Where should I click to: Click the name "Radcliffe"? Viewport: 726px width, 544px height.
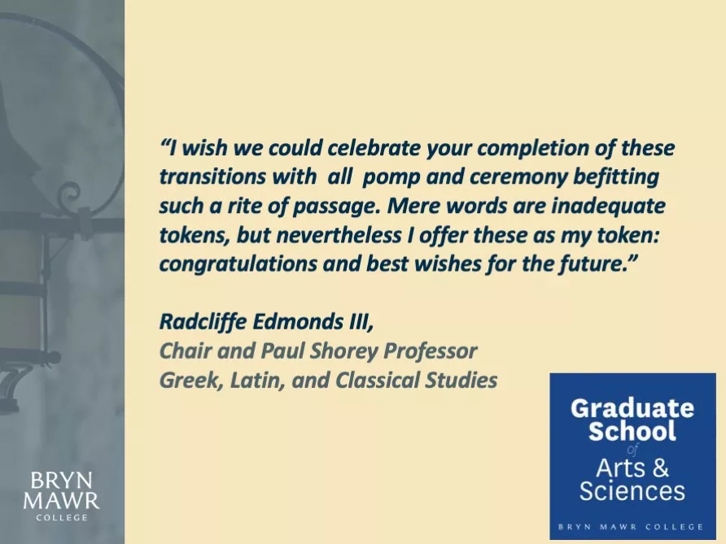click(203, 321)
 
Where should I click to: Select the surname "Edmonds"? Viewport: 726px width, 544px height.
click(297, 321)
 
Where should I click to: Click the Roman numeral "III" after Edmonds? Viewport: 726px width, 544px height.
click(358, 322)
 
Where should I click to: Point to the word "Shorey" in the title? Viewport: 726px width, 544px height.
click(343, 351)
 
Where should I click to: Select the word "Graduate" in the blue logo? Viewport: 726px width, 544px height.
click(632, 409)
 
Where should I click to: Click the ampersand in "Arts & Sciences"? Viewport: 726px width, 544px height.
click(660, 468)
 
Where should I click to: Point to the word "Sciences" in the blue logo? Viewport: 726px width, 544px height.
click(632, 491)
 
